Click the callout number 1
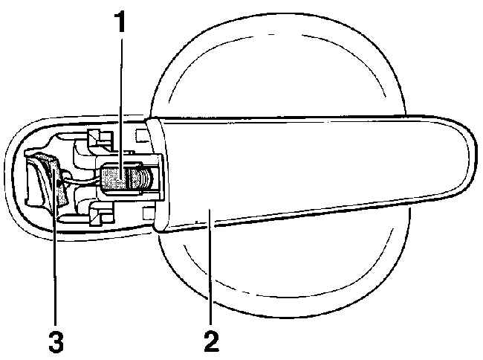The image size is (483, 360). (120, 22)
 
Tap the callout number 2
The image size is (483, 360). (211, 341)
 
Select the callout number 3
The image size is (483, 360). (56, 342)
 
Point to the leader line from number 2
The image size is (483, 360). (210, 266)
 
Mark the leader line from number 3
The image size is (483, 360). (54, 247)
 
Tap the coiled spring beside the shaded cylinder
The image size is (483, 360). (144, 179)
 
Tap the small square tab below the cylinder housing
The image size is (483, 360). (148, 213)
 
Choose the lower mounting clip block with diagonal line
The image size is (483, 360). (100, 216)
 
